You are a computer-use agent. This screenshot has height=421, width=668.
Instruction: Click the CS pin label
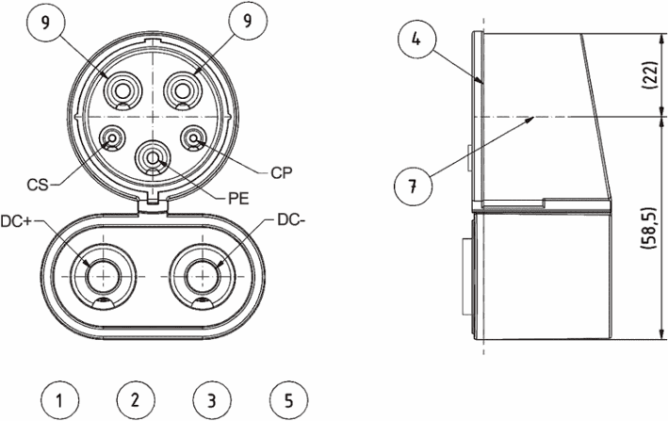coord(38,186)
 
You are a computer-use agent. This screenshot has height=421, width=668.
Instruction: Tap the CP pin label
coord(282,173)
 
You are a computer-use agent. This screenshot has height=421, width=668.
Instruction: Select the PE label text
coord(238,199)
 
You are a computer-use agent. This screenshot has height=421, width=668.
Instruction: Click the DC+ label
coord(16,221)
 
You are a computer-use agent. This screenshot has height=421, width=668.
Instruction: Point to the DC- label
coord(292,219)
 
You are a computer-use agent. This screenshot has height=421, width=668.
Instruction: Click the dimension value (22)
coord(650,75)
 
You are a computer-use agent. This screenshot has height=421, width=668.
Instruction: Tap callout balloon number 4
coord(416,40)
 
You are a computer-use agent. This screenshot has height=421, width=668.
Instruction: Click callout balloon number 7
coord(413,186)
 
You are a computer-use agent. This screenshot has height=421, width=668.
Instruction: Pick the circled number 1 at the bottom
coord(60,400)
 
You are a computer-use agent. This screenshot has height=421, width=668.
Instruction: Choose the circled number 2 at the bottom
coord(136,400)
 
